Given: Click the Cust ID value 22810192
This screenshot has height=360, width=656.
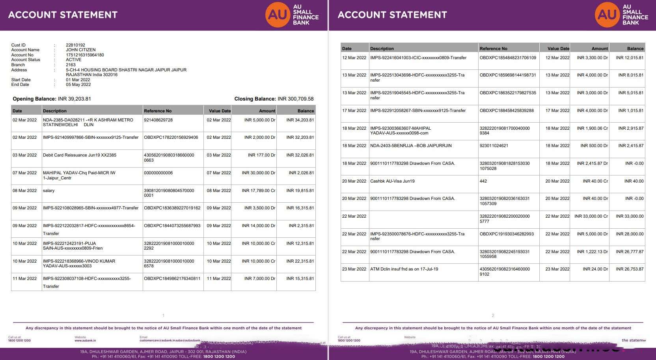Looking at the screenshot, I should [75, 45].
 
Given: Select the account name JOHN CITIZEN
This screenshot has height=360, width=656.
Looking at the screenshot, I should [80, 50].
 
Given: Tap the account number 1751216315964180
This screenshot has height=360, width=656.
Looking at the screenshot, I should [85, 55].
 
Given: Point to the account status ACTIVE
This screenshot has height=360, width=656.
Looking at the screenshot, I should [73, 60].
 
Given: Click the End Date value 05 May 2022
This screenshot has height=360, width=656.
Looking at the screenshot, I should [78, 85].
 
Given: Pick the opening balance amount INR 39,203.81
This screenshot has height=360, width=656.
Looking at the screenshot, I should [74, 99].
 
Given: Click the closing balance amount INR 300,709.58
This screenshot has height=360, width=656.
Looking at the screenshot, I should [295, 99].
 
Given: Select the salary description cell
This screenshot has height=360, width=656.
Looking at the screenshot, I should [48, 191].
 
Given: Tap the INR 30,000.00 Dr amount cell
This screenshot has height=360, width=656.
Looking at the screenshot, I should [258, 173].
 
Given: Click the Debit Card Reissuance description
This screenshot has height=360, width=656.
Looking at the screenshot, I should [79, 155].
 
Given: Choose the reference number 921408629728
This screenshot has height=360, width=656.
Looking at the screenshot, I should [158, 120].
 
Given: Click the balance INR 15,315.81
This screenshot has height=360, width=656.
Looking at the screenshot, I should [300, 279].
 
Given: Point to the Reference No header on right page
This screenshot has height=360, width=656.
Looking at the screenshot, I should [493, 49].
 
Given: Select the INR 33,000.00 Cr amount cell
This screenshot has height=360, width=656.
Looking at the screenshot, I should [591, 216].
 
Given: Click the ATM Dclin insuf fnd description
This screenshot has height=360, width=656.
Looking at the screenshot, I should [404, 269].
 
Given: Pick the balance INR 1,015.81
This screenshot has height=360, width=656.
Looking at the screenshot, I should [631, 111].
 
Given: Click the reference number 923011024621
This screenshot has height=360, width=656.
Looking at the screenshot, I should [494, 146].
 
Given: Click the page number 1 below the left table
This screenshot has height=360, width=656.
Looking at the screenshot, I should [163, 315].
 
